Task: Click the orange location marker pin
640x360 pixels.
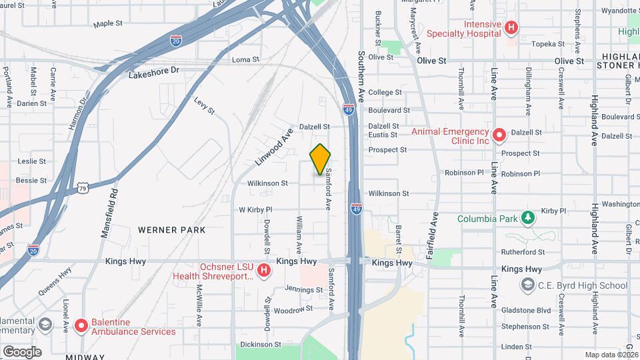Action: tap(321, 159)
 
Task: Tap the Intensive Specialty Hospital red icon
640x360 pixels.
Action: tap(511, 28)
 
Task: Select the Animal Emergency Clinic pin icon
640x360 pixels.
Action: tap(499, 135)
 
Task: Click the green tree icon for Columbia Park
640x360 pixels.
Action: tap(527, 219)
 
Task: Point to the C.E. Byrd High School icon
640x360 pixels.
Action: tap(527, 285)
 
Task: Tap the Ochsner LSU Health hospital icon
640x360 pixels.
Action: tap(264, 271)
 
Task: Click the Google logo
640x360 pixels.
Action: tap(21, 351)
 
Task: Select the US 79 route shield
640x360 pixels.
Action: tap(82, 189)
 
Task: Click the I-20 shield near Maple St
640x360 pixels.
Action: tap(176, 41)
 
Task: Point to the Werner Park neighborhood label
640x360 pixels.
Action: tap(171, 230)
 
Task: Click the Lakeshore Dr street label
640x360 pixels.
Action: tap(154, 70)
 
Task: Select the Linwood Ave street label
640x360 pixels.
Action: tap(273, 147)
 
